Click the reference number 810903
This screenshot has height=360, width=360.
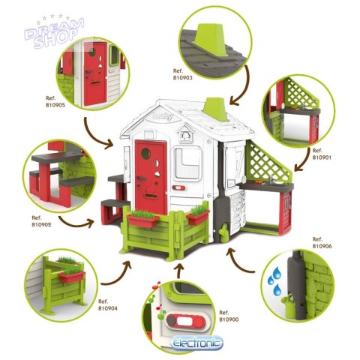tap(183, 78)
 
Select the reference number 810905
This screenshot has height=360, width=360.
tap(55, 105)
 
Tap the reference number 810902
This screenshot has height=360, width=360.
tap(41, 225)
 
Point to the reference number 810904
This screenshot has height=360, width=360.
tap(108, 308)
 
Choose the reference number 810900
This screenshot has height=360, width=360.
tap(229, 319)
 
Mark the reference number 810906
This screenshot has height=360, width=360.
tap(322, 246)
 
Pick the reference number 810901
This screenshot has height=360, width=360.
tap(322, 157)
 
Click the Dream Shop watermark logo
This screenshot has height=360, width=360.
tap(54, 32)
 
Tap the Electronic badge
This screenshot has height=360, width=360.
tap(196, 343)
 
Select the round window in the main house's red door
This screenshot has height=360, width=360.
tap(146, 153)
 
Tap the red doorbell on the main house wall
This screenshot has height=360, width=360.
tap(178, 187)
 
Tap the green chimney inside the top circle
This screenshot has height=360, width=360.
tap(211, 40)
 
